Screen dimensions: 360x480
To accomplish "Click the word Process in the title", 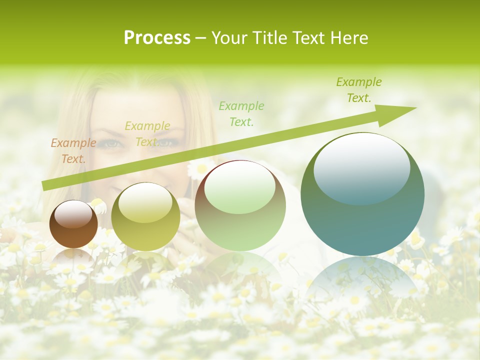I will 157,38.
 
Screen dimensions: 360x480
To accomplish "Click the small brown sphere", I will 73,224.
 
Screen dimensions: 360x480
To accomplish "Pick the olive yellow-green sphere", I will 145,216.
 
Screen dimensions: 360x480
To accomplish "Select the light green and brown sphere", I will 240,206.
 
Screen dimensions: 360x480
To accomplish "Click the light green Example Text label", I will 241,113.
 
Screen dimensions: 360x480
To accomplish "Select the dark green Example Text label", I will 359,90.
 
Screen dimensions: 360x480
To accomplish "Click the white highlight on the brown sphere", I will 73,214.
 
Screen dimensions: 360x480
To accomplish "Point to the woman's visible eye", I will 111,144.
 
